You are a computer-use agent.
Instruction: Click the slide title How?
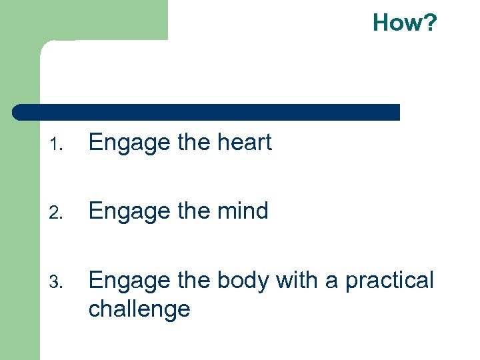click(x=405, y=23)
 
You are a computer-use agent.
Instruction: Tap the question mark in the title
click(x=430, y=23)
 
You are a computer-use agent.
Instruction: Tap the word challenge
click(x=139, y=309)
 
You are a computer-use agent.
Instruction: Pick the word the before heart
click(x=193, y=143)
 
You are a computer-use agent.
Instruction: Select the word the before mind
click(x=193, y=211)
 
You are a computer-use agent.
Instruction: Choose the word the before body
click(x=193, y=281)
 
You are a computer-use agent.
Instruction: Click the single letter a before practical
click(x=331, y=283)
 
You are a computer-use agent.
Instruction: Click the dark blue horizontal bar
click(x=207, y=112)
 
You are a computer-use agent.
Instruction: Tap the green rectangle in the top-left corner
click(x=83, y=20)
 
